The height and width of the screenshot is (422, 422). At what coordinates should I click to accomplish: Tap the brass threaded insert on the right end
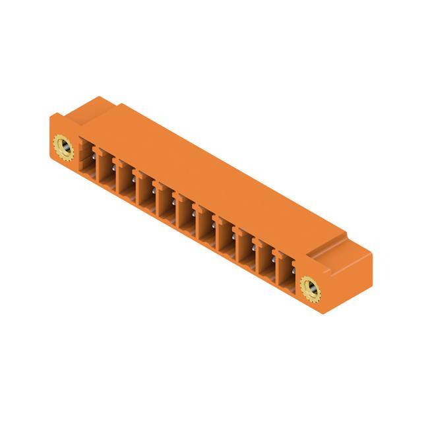[x=309, y=286]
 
